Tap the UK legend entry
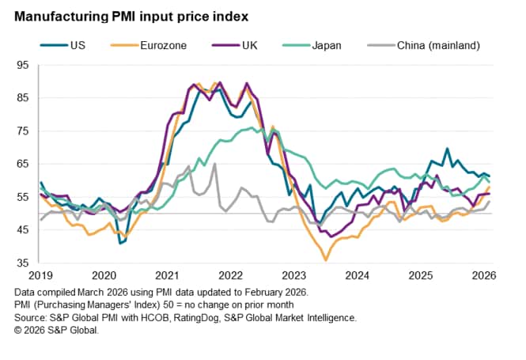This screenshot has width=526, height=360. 246,45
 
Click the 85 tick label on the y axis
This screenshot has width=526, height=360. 24,98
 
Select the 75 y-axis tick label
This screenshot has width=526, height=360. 24,131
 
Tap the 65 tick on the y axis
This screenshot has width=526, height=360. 24,164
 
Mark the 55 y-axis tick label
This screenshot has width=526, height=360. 24,197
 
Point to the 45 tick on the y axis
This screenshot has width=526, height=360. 24,229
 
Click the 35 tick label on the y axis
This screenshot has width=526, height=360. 24,263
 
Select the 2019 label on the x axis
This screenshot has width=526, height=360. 40,275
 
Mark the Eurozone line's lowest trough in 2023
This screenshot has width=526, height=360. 326,260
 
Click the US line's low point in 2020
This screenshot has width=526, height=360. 121,243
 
